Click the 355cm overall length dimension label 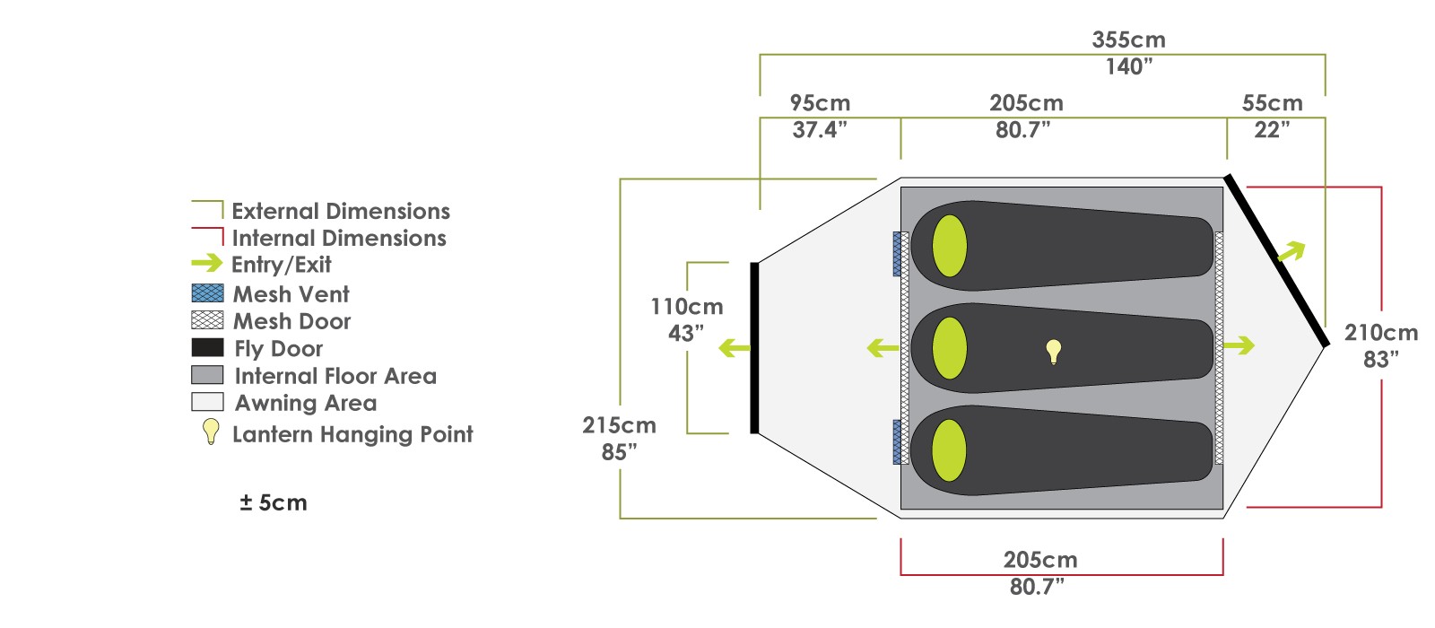[x=1129, y=39]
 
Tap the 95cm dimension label [x=820, y=103]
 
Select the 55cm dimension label [x=1273, y=103]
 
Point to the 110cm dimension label [x=687, y=307]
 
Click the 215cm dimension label [x=619, y=425]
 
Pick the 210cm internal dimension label [x=1381, y=333]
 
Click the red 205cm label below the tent [x=1040, y=560]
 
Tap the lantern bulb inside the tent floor [x=1054, y=352]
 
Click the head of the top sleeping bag [x=950, y=246]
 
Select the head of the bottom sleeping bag [x=949, y=450]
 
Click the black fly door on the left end [x=754, y=348]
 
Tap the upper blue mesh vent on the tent [x=898, y=255]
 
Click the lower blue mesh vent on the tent [x=898, y=442]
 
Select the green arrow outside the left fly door [x=735, y=349]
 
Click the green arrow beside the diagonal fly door [x=1291, y=251]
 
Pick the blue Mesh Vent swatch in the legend [x=207, y=292]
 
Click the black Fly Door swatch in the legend [x=207, y=347]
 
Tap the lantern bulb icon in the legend [x=211, y=432]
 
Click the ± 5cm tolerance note [x=274, y=503]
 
